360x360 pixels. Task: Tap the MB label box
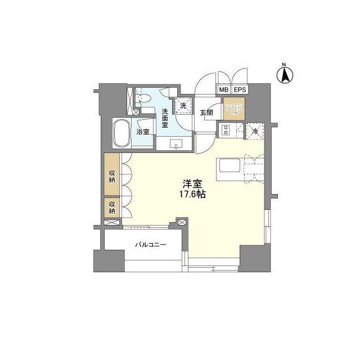(x=223, y=90)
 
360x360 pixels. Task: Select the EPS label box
(x=239, y=90)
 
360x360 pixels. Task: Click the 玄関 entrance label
(x=206, y=112)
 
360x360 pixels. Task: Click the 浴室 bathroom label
(x=143, y=132)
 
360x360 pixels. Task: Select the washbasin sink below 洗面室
(x=175, y=145)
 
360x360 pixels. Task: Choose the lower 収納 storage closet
(x=112, y=208)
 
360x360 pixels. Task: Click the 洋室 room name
(x=192, y=183)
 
